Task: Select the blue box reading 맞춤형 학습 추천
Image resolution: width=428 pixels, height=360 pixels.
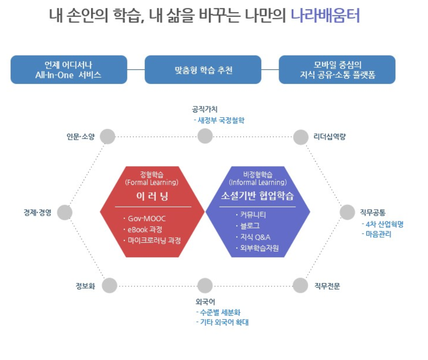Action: [203, 70]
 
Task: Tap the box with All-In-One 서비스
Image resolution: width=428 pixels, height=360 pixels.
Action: [69, 70]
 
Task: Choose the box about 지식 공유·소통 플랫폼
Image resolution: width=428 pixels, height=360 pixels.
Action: [337, 70]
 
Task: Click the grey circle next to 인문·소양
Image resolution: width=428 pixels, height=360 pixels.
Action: [108, 136]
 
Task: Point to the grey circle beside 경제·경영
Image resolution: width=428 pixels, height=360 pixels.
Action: [65, 212]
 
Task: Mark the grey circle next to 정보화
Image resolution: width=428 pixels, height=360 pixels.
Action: [109, 285]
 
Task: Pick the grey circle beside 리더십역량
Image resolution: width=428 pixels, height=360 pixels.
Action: [301, 137]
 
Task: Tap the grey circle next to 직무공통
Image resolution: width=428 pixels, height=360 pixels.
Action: [347, 212]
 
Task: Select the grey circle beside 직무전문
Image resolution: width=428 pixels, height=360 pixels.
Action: [301, 285]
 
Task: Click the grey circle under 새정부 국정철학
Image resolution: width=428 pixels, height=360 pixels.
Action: [205, 136]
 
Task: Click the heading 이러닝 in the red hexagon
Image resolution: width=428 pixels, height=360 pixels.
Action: [152, 196]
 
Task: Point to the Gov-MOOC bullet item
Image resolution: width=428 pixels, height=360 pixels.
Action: [147, 219]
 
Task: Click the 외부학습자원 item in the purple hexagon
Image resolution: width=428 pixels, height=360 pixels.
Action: [260, 248]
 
